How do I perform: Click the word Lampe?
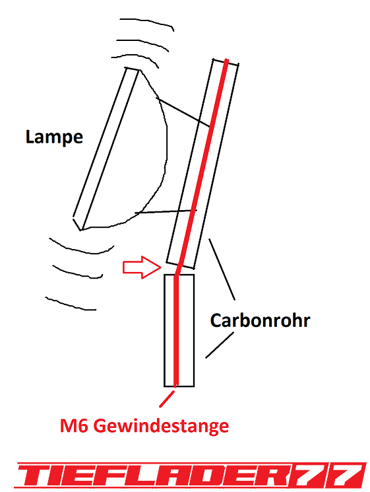point(54,137)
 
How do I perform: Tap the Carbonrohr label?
point(260,320)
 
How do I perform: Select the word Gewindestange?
point(161,427)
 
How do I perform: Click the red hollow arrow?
point(142,267)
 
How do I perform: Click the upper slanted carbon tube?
point(202,164)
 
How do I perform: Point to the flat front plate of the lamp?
point(106,148)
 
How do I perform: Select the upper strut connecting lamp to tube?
point(183,112)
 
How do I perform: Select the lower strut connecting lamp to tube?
point(166,211)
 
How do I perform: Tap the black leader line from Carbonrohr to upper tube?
point(222,269)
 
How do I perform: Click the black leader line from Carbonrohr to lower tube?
point(220,345)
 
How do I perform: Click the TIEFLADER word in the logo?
point(150,475)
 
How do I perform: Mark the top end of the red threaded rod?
point(227,59)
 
